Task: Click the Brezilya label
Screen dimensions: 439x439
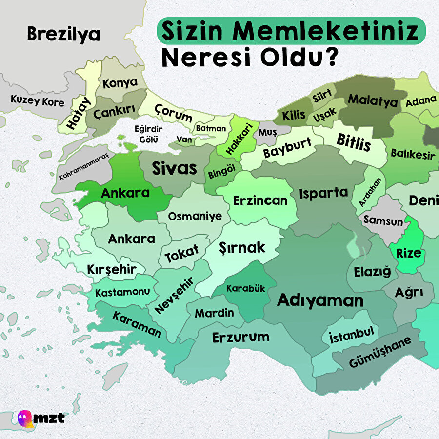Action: (x=63, y=34)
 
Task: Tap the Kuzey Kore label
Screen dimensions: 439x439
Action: (x=38, y=102)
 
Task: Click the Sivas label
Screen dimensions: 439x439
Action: (x=174, y=168)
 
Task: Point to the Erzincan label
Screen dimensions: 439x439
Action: (x=260, y=200)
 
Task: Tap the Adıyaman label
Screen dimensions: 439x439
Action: (x=320, y=300)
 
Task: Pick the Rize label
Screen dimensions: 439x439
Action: (x=408, y=253)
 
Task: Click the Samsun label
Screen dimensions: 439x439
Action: (x=383, y=221)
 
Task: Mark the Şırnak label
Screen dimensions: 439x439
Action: (x=242, y=247)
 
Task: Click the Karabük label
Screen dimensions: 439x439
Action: (x=245, y=288)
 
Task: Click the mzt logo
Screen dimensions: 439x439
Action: (x=41, y=418)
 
